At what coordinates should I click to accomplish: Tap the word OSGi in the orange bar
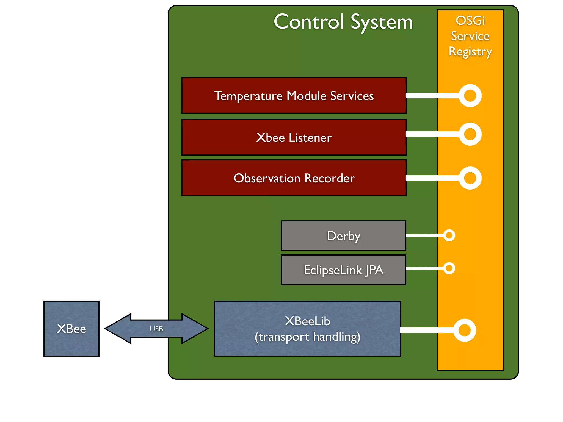click(x=470, y=21)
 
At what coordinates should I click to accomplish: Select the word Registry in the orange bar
click(x=470, y=52)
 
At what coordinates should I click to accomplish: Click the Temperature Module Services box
click(x=294, y=96)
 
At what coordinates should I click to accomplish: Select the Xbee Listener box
click(x=294, y=137)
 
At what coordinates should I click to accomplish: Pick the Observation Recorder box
click(x=294, y=178)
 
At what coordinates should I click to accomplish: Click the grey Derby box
click(x=343, y=236)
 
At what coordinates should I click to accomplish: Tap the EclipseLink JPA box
click(x=343, y=270)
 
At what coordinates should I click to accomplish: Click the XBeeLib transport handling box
click(x=307, y=329)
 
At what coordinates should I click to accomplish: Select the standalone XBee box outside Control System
click(x=71, y=329)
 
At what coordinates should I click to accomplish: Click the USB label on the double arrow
click(x=156, y=329)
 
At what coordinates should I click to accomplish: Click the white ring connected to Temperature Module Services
click(x=470, y=96)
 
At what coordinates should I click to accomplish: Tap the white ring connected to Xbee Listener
click(x=470, y=134)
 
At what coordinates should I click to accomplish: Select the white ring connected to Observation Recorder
click(x=470, y=178)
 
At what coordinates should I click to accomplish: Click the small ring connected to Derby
click(x=449, y=235)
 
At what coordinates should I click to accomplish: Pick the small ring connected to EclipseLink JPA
click(x=449, y=268)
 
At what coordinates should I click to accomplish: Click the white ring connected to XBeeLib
click(x=465, y=330)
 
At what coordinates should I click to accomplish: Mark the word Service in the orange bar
click(x=470, y=36)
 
